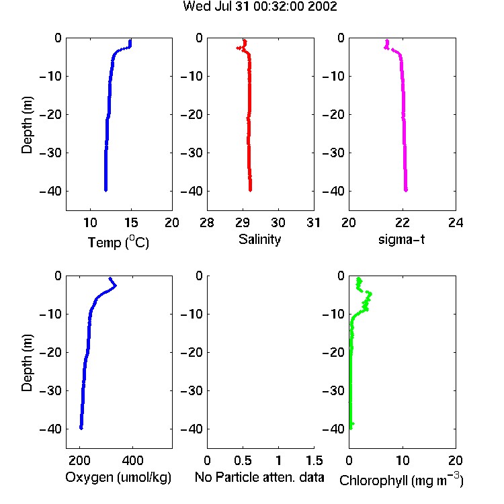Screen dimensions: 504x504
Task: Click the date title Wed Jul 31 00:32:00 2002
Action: click(x=260, y=6)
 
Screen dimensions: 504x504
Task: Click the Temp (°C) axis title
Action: click(x=118, y=243)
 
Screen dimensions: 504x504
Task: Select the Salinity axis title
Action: click(x=259, y=239)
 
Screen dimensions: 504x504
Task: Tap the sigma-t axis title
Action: click(x=401, y=239)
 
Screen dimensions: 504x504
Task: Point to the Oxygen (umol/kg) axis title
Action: click(x=118, y=477)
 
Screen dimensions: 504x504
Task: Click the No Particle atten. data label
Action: click(x=259, y=477)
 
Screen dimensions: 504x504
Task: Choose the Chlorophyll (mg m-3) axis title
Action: click(x=401, y=480)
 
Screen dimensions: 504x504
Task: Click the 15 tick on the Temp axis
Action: click(x=131, y=222)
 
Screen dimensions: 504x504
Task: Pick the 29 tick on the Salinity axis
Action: click(x=243, y=222)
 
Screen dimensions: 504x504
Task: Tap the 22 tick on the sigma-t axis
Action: click(x=402, y=222)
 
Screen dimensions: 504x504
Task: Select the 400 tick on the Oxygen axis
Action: click(x=132, y=460)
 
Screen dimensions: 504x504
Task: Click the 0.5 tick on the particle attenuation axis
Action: click(x=243, y=460)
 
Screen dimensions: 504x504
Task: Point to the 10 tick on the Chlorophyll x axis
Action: click(x=402, y=460)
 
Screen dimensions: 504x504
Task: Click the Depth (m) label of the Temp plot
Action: click(x=27, y=125)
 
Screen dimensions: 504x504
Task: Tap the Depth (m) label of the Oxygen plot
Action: click(x=27, y=363)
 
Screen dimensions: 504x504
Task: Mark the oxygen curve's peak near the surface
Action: click(x=116, y=286)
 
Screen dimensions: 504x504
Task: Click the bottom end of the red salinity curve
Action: click(x=251, y=190)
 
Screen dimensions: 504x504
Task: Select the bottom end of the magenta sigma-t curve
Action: click(x=406, y=190)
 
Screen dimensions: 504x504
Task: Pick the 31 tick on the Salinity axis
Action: click(x=313, y=222)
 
